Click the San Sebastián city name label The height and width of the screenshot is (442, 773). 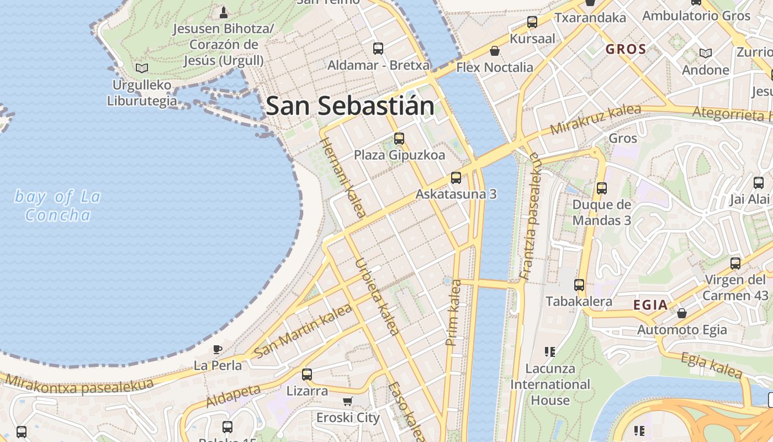(350, 106)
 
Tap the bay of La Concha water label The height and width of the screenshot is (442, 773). (57, 206)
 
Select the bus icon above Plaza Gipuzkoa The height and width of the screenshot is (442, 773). (399, 139)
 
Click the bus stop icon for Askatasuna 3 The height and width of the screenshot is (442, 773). (456, 178)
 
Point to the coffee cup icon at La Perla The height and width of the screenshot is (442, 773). (218, 349)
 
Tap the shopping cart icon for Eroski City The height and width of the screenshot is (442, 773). (347, 401)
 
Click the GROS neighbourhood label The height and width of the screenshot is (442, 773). (626, 49)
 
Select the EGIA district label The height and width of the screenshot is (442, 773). (650, 306)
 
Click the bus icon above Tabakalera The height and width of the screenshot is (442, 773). (579, 285)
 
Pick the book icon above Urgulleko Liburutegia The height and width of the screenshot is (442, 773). (142, 68)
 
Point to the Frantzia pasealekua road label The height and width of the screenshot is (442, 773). (529, 215)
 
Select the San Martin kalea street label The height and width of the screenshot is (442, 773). (304, 330)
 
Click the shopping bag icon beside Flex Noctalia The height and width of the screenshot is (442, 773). (495, 51)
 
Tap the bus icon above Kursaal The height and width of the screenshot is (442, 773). (532, 22)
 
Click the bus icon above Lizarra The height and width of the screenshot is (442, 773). (307, 375)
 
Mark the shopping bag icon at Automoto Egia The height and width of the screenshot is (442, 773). (682, 313)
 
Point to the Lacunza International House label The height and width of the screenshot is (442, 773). (550, 384)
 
